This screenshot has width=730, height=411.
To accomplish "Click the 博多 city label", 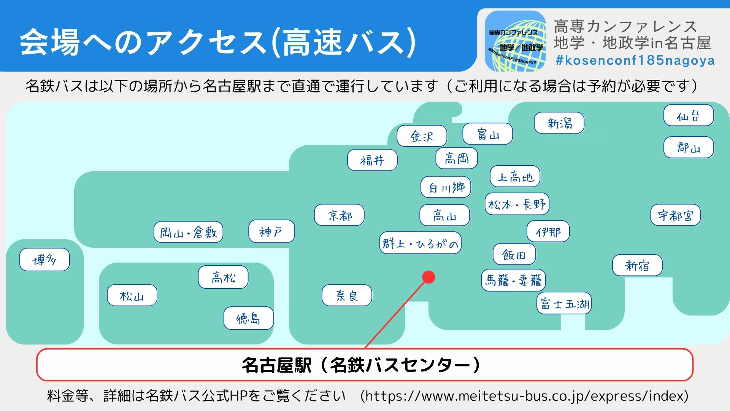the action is pyautogui.click(x=44, y=260).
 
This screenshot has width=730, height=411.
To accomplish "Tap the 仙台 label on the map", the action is pyautogui.click(x=689, y=115).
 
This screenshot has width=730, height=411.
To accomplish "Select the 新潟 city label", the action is pyautogui.click(x=559, y=123).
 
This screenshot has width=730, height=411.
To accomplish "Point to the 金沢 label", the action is pyautogui.click(x=422, y=136).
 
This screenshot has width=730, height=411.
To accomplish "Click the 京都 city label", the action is pyautogui.click(x=339, y=215).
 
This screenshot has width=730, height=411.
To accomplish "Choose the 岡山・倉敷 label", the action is pyautogui.click(x=188, y=232).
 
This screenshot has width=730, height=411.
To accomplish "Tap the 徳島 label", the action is pyautogui.click(x=249, y=318).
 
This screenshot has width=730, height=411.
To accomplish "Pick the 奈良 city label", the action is pyautogui.click(x=347, y=295).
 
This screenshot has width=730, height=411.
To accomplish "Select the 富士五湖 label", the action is pyautogui.click(x=564, y=303).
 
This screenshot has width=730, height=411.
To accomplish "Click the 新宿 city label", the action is pyautogui.click(x=637, y=265).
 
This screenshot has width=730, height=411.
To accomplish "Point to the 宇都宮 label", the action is pyautogui.click(x=675, y=215).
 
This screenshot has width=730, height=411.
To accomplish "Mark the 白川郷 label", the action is pyautogui.click(x=446, y=187).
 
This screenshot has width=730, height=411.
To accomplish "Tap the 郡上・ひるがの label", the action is pyautogui.click(x=420, y=243).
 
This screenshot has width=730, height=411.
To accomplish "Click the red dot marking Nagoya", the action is pyautogui.click(x=428, y=277).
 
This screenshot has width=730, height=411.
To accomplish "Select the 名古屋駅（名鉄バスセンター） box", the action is pyautogui.click(x=365, y=365).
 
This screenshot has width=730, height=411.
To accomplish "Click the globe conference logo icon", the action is pyautogui.click(x=515, y=41).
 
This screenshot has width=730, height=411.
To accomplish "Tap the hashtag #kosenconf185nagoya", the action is pyautogui.click(x=635, y=61).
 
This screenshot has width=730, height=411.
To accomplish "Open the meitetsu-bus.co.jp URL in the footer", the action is pyautogui.click(x=524, y=396).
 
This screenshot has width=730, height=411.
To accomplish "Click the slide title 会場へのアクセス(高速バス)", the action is pyautogui.click(x=217, y=41).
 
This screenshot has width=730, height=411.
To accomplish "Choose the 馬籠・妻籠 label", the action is pyautogui.click(x=513, y=280).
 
